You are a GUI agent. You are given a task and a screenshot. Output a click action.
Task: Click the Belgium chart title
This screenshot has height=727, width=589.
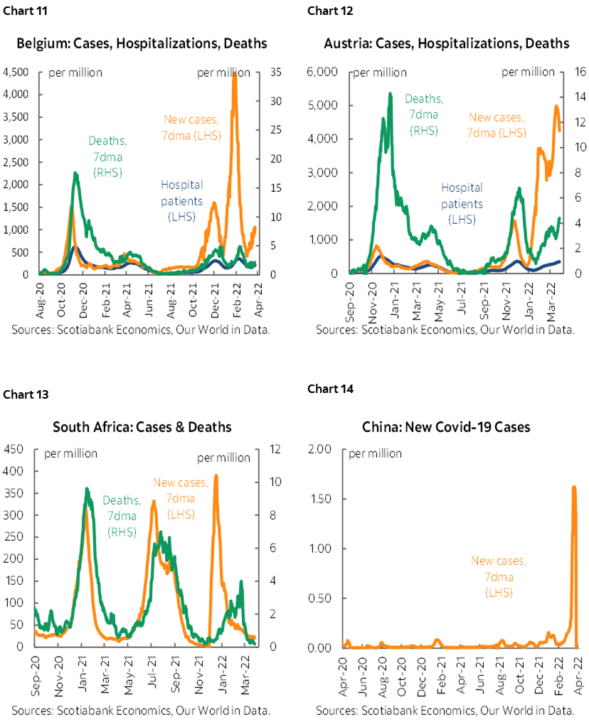click(142, 43)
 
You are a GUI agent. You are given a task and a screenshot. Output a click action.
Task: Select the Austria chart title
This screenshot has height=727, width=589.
click(446, 43)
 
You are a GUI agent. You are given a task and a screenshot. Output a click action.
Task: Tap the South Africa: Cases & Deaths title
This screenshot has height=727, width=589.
click(142, 427)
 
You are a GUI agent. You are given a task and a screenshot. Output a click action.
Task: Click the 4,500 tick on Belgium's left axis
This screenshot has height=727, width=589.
click(15, 72)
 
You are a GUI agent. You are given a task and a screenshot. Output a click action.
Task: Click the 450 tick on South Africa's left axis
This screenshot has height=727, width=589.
click(14, 448)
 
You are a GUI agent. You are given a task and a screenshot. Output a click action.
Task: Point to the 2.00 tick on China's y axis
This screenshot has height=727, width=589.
click(322, 448)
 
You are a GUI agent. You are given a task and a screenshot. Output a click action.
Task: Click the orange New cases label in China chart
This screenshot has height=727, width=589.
click(498, 576)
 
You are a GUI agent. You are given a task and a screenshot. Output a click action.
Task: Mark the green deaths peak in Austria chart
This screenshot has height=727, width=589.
click(390, 94)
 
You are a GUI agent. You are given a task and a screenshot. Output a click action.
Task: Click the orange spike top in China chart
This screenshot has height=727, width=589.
click(574, 488)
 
